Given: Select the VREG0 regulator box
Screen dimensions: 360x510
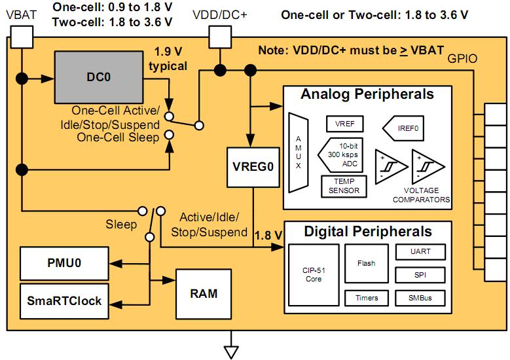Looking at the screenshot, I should point(252,167).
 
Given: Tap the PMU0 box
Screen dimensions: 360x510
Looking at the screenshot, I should point(64,264).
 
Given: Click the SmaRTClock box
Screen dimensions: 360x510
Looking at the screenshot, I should point(64,300).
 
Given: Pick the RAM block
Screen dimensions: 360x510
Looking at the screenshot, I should point(204,293).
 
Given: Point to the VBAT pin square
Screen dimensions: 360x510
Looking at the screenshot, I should point(21,39).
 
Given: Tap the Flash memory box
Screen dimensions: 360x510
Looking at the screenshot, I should point(366,263).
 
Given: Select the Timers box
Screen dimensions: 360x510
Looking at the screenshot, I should point(366,298).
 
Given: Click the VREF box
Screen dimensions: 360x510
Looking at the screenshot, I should point(344,124).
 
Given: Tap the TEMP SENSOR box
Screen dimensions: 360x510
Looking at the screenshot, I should point(344,186).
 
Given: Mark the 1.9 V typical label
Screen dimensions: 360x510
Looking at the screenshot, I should point(170,58).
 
